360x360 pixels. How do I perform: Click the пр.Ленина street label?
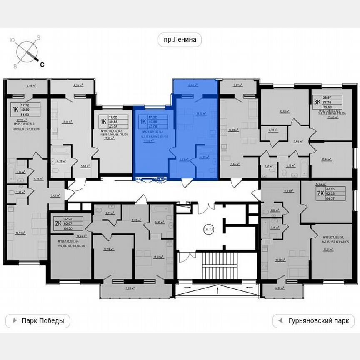tap(180, 40)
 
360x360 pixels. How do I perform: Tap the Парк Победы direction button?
tap(37, 321)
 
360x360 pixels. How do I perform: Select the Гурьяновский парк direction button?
tap(313, 321)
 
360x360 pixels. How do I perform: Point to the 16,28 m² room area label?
tap(234, 130)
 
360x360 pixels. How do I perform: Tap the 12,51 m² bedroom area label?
tap(285, 112)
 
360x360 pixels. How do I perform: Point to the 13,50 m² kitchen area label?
tap(280, 259)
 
